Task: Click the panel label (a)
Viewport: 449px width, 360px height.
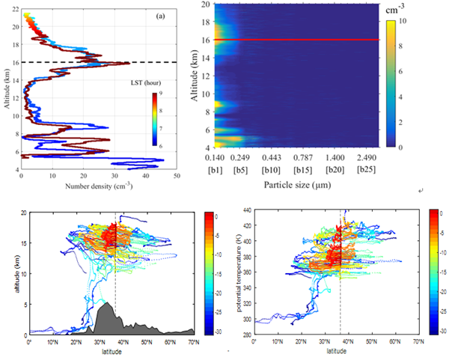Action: click(x=160, y=15)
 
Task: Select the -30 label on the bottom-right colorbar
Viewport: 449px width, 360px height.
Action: click(x=443, y=330)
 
